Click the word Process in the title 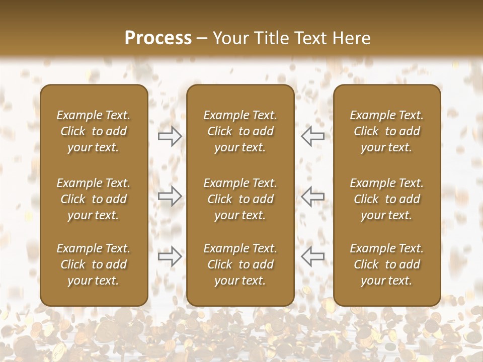[x=158, y=38]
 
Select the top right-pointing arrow [x=170, y=136]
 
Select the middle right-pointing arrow [x=170, y=196]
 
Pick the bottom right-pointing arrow [x=170, y=256]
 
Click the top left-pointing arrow [x=312, y=136]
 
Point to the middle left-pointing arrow [x=312, y=196]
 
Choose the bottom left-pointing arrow [x=312, y=256]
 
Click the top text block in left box [x=94, y=131]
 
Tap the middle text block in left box [x=94, y=199]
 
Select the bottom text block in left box [x=94, y=264]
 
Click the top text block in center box [x=240, y=131]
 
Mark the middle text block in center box [x=240, y=199]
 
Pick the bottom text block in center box [x=240, y=264]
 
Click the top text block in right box [x=387, y=131]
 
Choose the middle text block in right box [x=387, y=199]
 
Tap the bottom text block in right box [x=387, y=264]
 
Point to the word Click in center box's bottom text [x=220, y=264]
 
